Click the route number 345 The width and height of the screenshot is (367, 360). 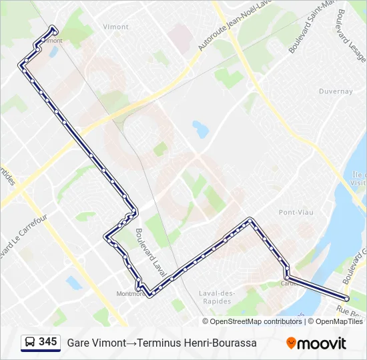click(47, 342)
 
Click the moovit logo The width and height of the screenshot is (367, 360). click(316, 343)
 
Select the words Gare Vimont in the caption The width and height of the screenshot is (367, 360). click(96, 343)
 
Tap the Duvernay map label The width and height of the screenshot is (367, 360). click(335, 91)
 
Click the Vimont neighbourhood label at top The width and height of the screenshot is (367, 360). click(116, 27)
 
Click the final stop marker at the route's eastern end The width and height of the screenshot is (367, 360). click(346, 299)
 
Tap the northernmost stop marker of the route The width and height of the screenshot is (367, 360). click(53, 28)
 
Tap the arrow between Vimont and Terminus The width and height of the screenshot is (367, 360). click(131, 343)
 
